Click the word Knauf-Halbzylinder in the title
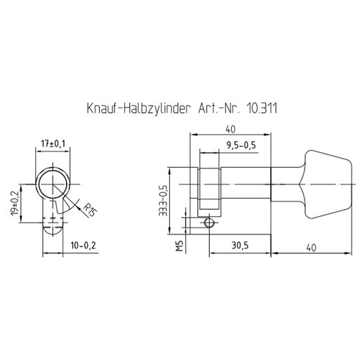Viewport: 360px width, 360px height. tap(138, 108)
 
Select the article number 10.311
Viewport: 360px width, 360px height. tap(262, 108)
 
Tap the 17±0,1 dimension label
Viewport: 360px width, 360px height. tap(53, 144)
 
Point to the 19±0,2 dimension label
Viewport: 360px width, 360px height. tap(15, 203)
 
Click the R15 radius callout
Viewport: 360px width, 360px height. tap(90, 210)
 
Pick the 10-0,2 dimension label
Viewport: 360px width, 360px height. tap(84, 246)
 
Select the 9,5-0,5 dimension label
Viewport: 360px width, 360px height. tap(241, 145)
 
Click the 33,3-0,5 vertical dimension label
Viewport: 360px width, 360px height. tap(163, 201)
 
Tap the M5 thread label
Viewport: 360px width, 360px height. tap(180, 246)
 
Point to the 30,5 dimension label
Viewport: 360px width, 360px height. tap(240, 246)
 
